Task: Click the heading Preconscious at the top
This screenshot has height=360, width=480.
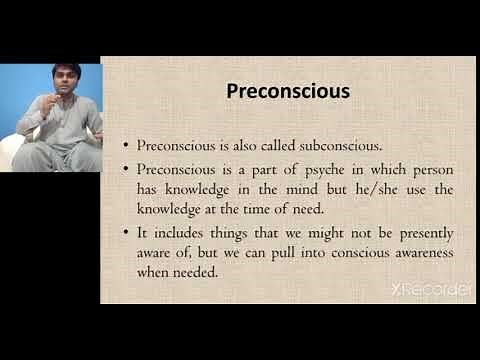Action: tap(288, 91)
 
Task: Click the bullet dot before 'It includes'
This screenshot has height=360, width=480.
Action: tap(125, 233)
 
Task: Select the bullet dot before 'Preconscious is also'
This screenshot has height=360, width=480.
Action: tap(125, 144)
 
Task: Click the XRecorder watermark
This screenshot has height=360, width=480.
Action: tap(432, 290)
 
